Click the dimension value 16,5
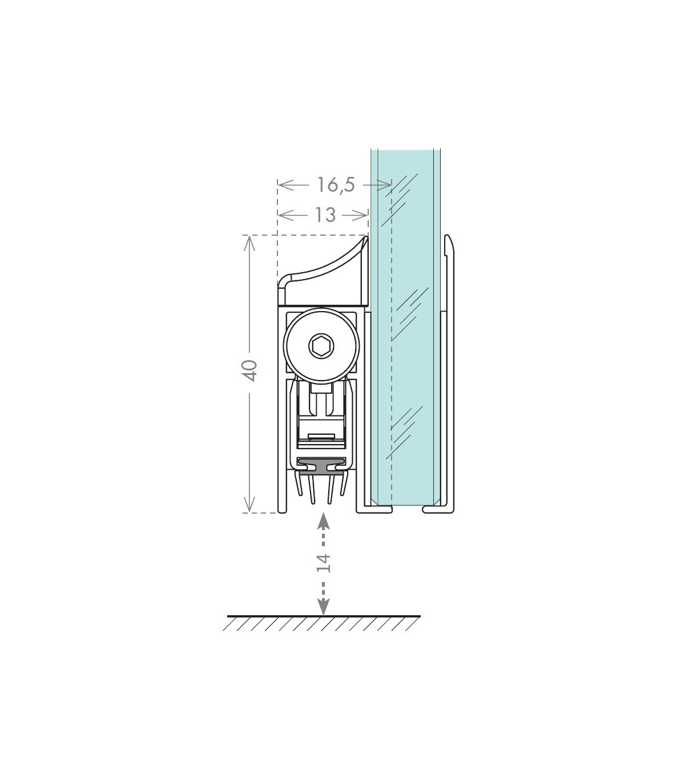point(336,185)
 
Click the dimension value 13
point(325,216)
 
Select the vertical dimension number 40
point(251,370)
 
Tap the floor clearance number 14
point(323,563)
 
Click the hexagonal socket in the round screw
point(321,346)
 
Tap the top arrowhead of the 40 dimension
point(249,243)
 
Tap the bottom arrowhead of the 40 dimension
point(249,504)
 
